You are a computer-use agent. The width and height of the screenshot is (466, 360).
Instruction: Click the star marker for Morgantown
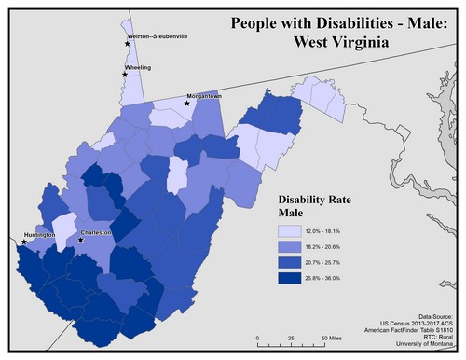[186, 104]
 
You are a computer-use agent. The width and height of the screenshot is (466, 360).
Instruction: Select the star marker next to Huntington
[23, 242]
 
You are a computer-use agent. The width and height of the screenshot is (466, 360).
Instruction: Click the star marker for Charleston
[81, 240]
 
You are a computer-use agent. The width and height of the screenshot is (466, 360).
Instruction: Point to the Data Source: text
[434, 317]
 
